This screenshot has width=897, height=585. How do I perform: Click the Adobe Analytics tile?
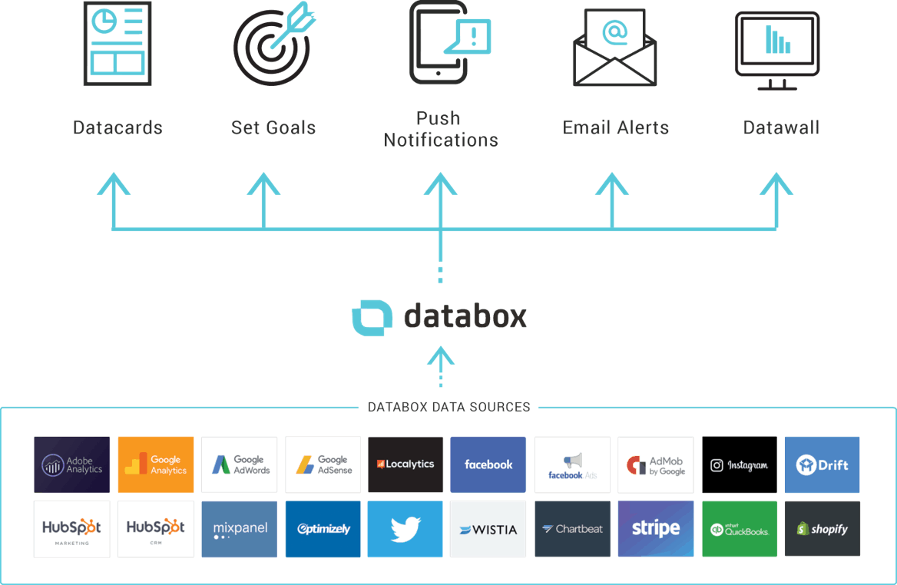[72, 464]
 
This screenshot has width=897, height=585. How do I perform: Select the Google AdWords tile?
[239, 464]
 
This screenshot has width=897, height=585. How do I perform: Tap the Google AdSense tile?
[323, 464]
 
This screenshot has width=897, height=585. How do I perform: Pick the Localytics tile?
[405, 464]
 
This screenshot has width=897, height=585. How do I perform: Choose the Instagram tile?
[740, 464]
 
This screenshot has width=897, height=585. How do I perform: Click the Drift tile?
[822, 464]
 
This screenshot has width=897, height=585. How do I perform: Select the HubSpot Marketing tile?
[72, 529]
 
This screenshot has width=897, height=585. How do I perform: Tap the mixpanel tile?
[239, 529]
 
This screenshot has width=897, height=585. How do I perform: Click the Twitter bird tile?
[405, 529]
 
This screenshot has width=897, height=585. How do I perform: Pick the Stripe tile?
[656, 529]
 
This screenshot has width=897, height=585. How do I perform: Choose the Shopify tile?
[822, 529]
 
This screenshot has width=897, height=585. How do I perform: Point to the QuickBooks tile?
[740, 529]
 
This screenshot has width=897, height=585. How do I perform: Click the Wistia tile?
[488, 529]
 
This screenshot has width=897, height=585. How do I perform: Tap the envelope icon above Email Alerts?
[615, 47]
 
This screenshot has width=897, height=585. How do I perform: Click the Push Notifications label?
[441, 129]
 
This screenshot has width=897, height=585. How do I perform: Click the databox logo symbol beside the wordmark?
[372, 316]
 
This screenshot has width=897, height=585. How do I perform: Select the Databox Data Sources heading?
[448, 407]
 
